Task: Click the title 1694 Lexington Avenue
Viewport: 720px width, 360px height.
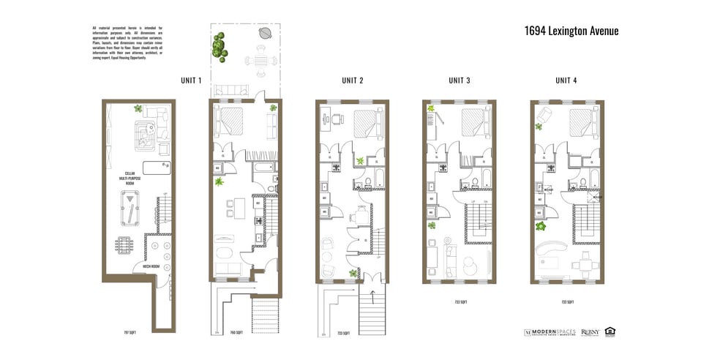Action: pos(571,31)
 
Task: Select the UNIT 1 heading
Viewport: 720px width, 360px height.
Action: pos(191,80)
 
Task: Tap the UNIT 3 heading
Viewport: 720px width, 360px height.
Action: pos(459,80)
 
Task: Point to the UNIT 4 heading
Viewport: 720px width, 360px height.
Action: pos(566,80)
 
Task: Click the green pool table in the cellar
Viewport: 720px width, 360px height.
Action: pos(130,208)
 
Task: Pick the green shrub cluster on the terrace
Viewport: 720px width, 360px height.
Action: pos(218,47)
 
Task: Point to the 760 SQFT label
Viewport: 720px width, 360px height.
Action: pos(236,333)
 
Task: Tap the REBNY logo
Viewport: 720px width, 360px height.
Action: pos(590,331)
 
